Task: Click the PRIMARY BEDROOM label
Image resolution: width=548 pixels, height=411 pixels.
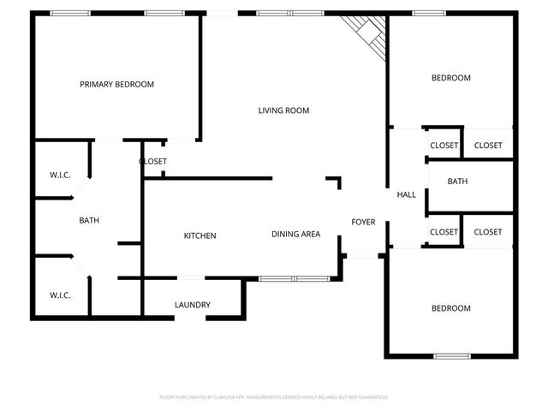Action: pyautogui.click(x=116, y=84)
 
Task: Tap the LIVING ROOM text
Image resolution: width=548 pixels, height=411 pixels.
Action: pyautogui.click(x=283, y=110)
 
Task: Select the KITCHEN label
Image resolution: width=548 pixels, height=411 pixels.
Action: pyautogui.click(x=200, y=235)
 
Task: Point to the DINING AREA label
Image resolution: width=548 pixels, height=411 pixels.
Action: pyautogui.click(x=295, y=235)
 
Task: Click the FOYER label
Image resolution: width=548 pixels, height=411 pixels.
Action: pyautogui.click(x=363, y=223)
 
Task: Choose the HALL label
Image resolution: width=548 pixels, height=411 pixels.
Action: pyautogui.click(x=406, y=194)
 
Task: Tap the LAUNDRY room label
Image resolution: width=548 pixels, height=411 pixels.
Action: pyautogui.click(x=192, y=305)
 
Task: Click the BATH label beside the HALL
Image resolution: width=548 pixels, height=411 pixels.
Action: pyautogui.click(x=457, y=182)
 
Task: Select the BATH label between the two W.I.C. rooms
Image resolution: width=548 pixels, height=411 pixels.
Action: pyautogui.click(x=89, y=220)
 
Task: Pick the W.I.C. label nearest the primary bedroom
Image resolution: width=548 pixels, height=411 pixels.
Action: pyautogui.click(x=59, y=176)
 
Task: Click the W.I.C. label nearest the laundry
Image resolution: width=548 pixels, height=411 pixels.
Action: pyautogui.click(x=59, y=295)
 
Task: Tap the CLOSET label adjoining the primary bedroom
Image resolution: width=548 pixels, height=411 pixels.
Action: pyautogui.click(x=152, y=161)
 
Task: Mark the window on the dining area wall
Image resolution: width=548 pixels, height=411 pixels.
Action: pyautogui.click(x=294, y=278)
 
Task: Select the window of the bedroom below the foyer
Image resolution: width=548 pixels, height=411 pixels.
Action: pyautogui.click(x=451, y=355)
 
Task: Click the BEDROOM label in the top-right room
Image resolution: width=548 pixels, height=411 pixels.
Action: pyautogui.click(x=450, y=78)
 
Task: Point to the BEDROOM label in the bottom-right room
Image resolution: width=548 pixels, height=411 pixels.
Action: pyautogui.click(x=450, y=308)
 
